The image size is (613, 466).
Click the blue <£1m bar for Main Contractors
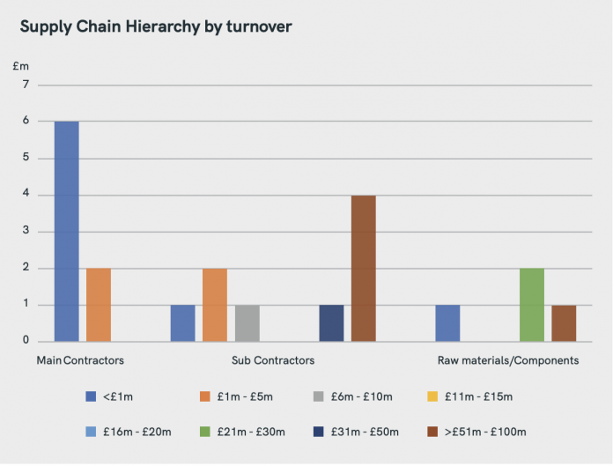point(66,231)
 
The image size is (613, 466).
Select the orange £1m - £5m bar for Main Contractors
point(99,305)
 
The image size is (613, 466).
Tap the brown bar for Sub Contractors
point(364,268)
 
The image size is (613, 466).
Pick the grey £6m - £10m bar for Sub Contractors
point(247,323)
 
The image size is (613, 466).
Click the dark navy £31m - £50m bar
point(331,323)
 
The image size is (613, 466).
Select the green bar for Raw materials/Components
point(532,305)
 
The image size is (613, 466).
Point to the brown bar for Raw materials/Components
point(564,323)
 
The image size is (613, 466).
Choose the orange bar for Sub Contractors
point(215,305)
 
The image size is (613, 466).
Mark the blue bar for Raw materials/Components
point(447,323)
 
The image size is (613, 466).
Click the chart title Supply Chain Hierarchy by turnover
point(156,26)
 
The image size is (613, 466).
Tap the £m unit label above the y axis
point(21,66)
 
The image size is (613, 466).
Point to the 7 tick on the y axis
point(26,85)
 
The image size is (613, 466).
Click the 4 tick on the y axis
point(26,196)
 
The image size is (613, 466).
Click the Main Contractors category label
point(80,360)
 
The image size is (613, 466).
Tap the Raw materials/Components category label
point(508,360)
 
